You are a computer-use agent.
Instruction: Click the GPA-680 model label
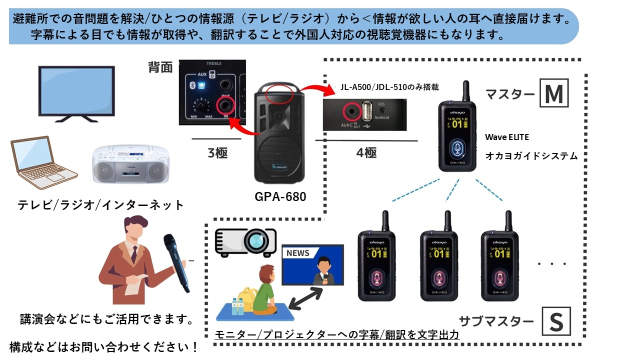point(280,196)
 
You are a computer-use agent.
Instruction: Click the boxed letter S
point(556,322)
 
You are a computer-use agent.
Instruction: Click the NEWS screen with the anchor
point(312,265)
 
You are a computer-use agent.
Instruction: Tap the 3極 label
point(217,152)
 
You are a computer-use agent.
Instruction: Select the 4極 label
point(366,152)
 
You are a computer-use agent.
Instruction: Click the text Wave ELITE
point(506,137)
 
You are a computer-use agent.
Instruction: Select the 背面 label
point(160,68)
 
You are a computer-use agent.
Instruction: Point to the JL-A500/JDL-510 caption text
point(389,87)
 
